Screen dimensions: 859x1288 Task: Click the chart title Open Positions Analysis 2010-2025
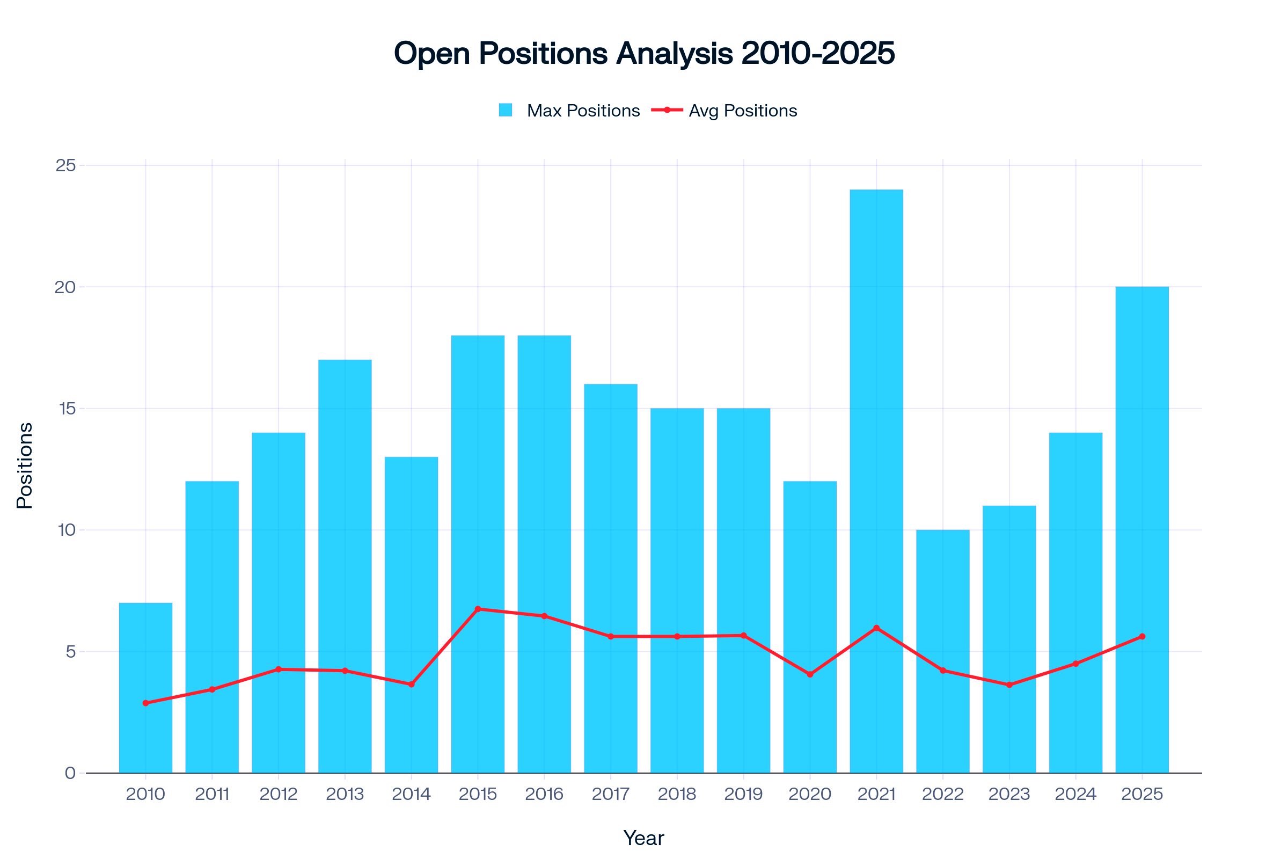[644, 54]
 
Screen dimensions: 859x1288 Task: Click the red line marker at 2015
[478, 609]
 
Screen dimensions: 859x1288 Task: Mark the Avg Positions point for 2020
[810, 674]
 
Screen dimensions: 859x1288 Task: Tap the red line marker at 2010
[145, 703]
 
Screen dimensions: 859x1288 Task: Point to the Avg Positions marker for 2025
[1142, 637]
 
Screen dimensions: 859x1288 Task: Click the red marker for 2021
[876, 628]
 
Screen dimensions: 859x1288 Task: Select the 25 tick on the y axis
[65, 165]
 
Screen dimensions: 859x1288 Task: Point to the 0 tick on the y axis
[70, 773]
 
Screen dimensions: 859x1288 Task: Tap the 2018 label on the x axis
[677, 794]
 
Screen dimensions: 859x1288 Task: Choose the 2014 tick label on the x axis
[411, 794]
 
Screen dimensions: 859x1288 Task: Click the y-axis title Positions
[25, 465]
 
